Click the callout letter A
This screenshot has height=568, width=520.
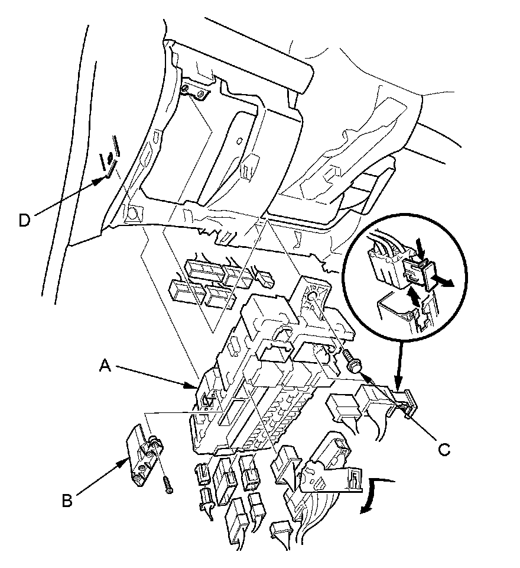click(105, 367)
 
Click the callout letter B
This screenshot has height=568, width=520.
click(69, 500)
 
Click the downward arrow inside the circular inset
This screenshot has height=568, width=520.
click(420, 246)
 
